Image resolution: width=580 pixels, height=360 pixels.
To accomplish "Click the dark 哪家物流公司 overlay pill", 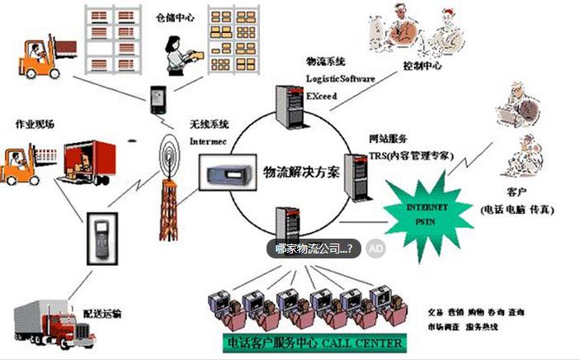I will [x=314, y=248].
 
